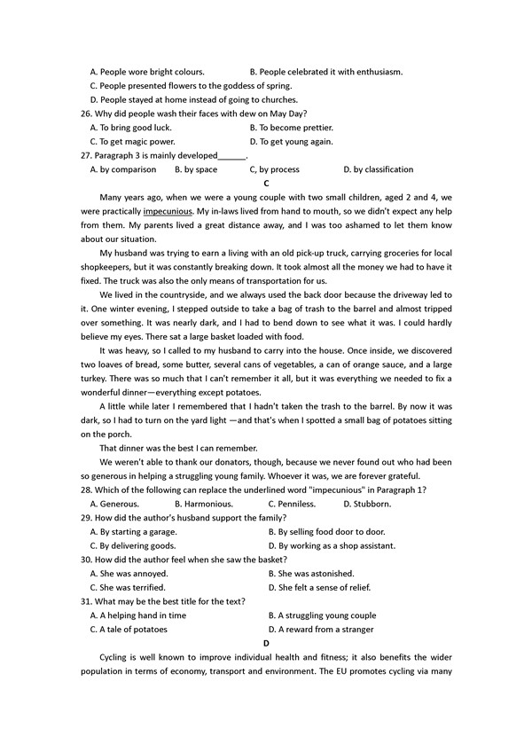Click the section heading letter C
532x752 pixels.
[266, 183]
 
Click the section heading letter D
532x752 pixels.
[266, 643]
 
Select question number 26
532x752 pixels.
[85, 114]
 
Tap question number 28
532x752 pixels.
[85, 490]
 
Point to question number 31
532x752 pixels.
[85, 601]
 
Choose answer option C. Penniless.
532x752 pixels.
[292, 504]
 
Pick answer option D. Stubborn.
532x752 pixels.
[367, 504]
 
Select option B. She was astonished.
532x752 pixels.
[311, 573]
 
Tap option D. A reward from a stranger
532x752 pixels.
[321, 629]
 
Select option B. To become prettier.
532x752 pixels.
[292, 128]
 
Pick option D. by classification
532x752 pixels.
[379, 169]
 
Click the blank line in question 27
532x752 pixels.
[231, 156]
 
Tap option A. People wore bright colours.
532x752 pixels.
[147, 72]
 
